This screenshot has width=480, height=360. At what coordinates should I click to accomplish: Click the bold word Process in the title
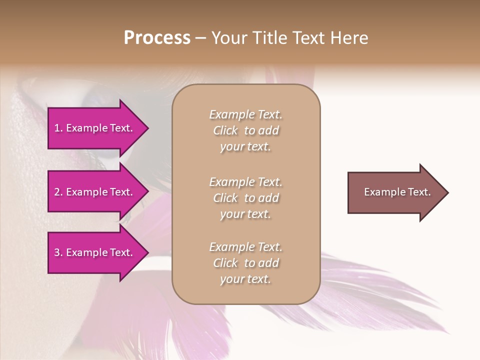click(157, 38)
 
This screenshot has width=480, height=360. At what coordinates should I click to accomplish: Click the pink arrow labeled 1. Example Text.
click(95, 128)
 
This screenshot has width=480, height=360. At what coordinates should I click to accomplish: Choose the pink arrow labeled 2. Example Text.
click(95, 192)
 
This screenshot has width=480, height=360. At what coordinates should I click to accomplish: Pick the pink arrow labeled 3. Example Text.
click(95, 252)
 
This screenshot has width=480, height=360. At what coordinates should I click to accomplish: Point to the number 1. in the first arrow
click(58, 128)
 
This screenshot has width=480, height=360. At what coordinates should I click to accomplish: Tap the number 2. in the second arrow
click(58, 192)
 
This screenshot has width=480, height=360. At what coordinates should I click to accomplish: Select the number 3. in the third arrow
click(58, 252)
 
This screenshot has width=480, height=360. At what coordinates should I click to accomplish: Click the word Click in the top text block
click(225, 130)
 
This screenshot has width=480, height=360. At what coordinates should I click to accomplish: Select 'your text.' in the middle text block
click(245, 214)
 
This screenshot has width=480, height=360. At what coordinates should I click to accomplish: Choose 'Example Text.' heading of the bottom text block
click(245, 247)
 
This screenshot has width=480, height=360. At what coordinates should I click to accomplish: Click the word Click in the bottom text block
click(225, 263)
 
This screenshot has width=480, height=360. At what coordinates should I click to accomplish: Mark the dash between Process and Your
click(200, 38)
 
